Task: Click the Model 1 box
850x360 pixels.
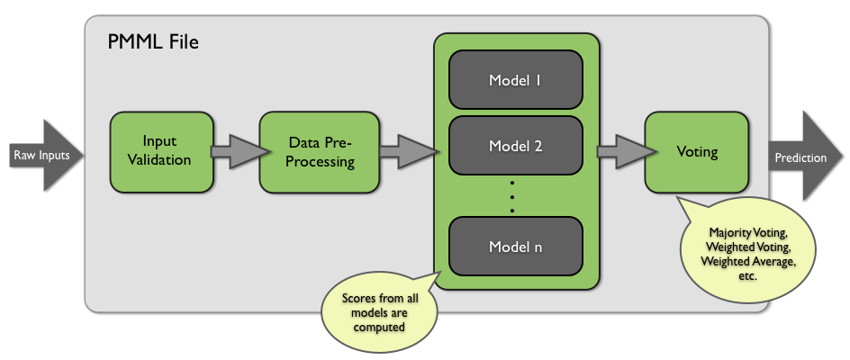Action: click(515, 80)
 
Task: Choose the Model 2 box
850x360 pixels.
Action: click(515, 145)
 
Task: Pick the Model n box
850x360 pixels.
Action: click(515, 246)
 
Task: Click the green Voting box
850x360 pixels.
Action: click(697, 151)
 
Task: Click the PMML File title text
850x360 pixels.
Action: click(153, 41)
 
